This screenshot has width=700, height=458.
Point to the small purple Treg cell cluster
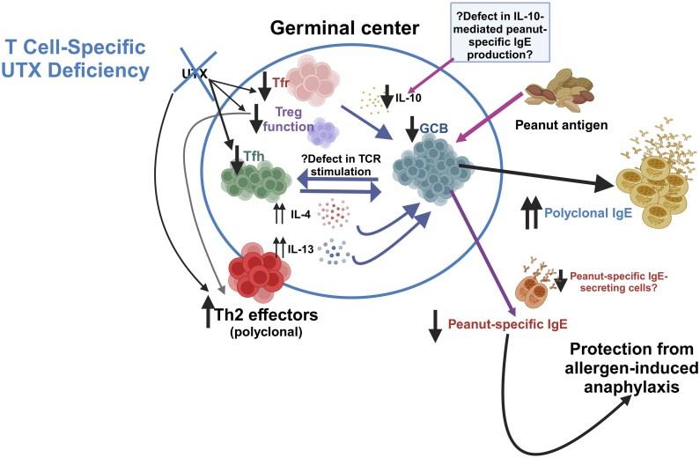pyautogui.click(x=324, y=132)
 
